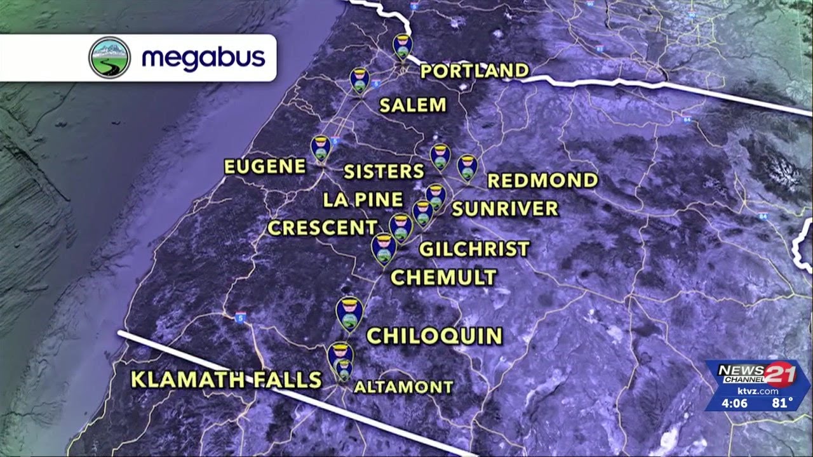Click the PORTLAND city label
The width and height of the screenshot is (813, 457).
(x=474, y=70)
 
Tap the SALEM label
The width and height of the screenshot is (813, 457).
(x=413, y=105)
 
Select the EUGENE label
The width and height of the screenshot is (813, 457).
(x=265, y=167)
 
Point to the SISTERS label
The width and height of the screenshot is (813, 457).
(x=384, y=171)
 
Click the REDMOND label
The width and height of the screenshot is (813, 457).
(x=542, y=180)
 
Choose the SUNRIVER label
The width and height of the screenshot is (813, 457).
(x=505, y=208)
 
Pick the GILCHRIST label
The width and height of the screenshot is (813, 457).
(x=474, y=249)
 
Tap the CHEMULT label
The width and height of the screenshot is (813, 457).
(x=443, y=277)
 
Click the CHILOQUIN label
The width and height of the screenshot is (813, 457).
(x=434, y=336)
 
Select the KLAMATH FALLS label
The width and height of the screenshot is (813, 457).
(x=225, y=380)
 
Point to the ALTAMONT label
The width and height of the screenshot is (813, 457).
(x=403, y=387)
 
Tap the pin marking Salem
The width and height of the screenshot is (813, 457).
(x=359, y=80)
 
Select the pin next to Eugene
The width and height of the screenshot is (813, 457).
(x=321, y=148)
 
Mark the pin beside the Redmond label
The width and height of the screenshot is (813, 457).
(x=467, y=166)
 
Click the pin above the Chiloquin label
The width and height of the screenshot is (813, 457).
(x=349, y=313)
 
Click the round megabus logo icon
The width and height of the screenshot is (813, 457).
(x=109, y=58)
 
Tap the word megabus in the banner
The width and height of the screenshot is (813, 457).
(x=203, y=58)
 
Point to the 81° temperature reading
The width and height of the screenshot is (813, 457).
(x=783, y=402)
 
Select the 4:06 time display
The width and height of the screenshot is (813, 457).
(x=734, y=402)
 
